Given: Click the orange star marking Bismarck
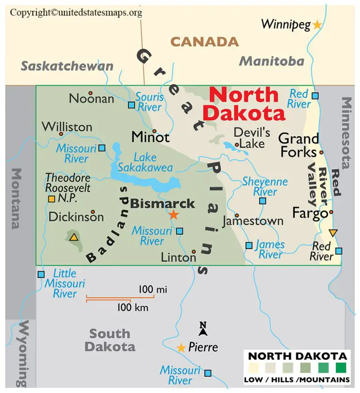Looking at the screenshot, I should (174, 215).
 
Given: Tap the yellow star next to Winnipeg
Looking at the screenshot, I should (317, 25).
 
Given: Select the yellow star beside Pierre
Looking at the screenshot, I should (181, 348).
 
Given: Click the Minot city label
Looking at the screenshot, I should (150, 137).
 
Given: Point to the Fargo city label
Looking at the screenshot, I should (309, 213).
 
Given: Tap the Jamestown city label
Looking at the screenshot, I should (253, 221).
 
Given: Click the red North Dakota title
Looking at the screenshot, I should (245, 104).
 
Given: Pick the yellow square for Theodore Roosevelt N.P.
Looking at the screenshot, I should (52, 199).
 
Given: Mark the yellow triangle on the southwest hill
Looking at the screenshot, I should (74, 237).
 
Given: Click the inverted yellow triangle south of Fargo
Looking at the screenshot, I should (333, 233).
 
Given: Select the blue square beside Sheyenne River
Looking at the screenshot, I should (262, 201).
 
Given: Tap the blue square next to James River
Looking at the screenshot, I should (249, 245).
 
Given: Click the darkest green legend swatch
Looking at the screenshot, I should (340, 367).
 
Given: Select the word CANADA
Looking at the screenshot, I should (204, 42).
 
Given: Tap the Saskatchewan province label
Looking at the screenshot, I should (67, 66).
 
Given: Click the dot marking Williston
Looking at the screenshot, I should (61, 134).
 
